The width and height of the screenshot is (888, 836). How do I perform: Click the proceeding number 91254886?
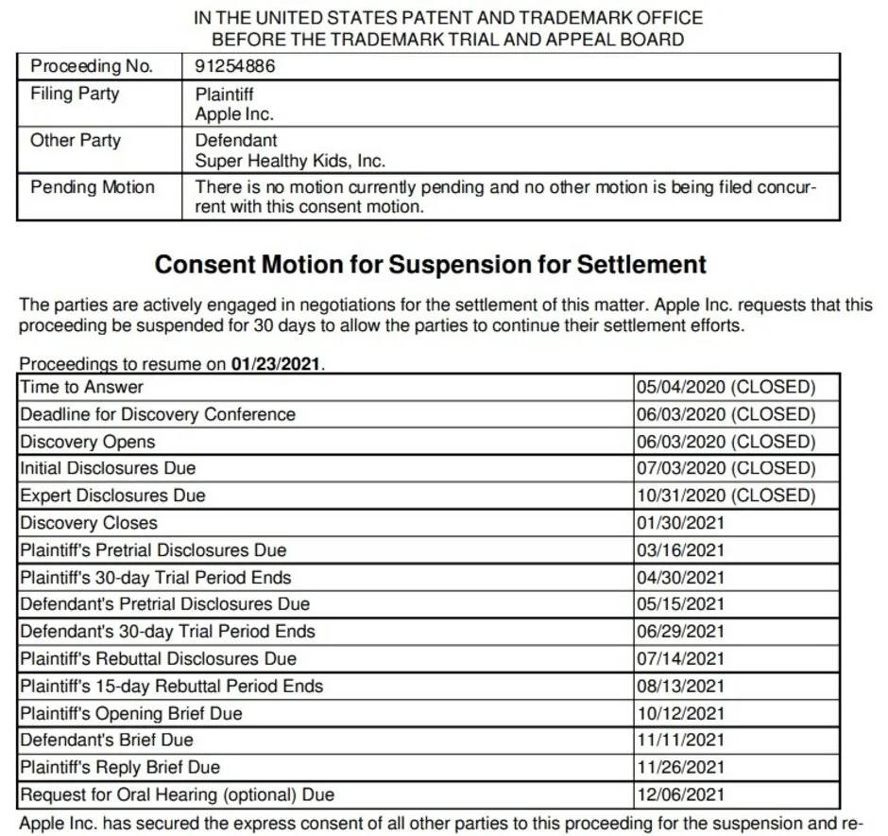(235, 66)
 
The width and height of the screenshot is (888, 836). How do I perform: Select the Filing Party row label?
(75, 94)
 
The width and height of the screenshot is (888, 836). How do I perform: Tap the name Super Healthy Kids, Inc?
(290, 161)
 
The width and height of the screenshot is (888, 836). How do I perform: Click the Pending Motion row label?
(92, 186)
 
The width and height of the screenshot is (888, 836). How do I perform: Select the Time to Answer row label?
(82, 387)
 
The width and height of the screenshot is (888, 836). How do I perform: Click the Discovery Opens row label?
(88, 442)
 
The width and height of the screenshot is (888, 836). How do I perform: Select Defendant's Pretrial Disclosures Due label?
(165, 604)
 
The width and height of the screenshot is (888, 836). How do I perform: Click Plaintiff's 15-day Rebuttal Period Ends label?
(172, 687)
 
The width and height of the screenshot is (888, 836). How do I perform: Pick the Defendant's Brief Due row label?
(107, 740)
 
